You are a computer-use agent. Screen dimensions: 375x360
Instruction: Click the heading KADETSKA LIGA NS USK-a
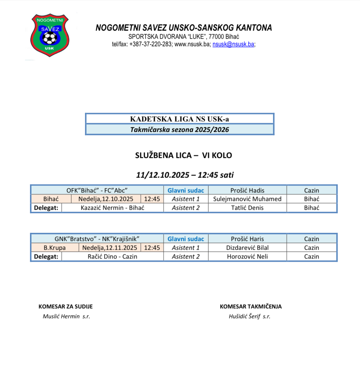point(179,119)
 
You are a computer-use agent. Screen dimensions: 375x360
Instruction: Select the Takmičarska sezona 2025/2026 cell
point(179,129)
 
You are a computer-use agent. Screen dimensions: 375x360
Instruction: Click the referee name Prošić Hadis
point(247,190)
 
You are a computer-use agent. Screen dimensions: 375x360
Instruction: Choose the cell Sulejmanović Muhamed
point(247,199)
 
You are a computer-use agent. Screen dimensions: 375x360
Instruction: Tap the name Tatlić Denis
point(247,208)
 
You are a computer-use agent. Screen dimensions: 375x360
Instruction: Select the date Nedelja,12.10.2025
point(106,199)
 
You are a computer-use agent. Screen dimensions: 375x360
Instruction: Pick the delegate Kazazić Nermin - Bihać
point(112,208)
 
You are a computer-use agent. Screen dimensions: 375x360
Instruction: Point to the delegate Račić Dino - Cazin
point(112,256)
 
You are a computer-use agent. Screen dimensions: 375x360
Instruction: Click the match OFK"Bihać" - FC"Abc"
point(97,190)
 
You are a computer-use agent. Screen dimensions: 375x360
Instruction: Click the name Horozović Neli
point(247,256)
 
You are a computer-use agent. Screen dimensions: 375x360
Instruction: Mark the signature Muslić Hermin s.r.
point(66,316)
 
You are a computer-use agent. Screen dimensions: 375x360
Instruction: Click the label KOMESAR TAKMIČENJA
point(251,307)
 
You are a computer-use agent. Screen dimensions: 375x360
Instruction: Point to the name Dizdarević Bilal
point(247,248)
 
